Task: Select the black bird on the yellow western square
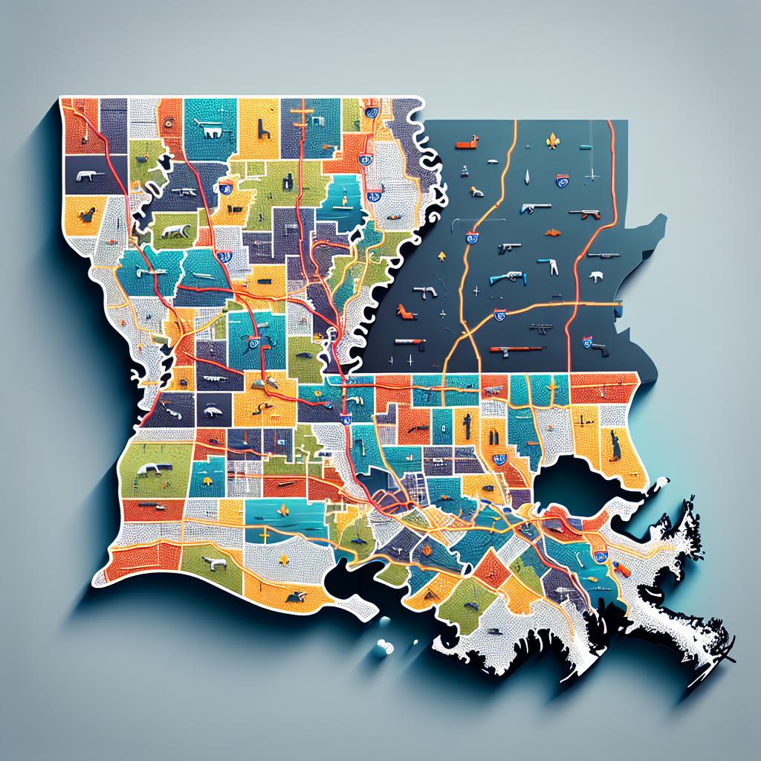click(x=88, y=215)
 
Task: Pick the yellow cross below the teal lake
click(x=264, y=537)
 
